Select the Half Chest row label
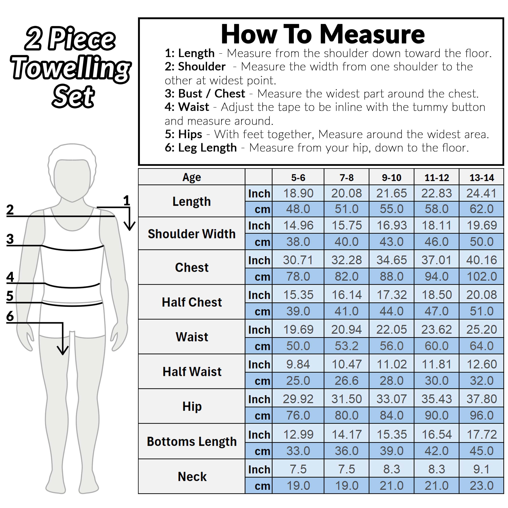click(192, 302)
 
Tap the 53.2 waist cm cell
click(347, 346)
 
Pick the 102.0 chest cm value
click(482, 276)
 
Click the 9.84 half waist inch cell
click(298, 364)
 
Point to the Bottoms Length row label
click(192, 441)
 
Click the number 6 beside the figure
click(10, 316)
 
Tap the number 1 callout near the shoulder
click(126, 201)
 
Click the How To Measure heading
click(323, 34)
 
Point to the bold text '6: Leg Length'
click(201, 148)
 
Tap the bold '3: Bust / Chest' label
click(205, 94)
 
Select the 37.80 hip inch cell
click(482, 399)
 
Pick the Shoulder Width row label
click(192, 234)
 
